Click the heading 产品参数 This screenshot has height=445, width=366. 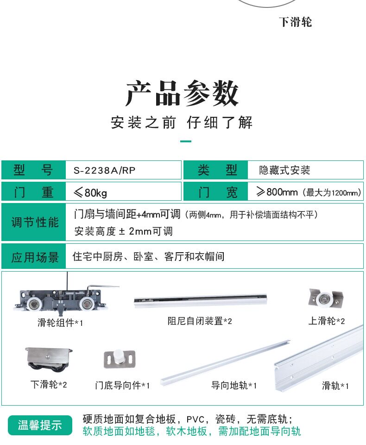tap(182, 94)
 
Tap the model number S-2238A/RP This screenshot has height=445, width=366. tap(104, 170)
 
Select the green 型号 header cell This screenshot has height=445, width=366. tap(34, 170)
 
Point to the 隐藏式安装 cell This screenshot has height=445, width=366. tap(284, 170)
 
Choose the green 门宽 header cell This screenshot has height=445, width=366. tap(217, 192)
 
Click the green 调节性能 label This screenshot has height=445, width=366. tap(35, 222)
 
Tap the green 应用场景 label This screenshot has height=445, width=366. tap(35, 257)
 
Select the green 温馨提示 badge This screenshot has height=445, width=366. tap(40, 425)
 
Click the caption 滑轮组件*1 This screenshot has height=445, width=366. tap(60, 323)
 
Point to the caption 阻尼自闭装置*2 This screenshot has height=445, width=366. tap(200, 321)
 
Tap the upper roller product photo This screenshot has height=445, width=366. tap(326, 298)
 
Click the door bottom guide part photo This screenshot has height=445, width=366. tap(120, 358)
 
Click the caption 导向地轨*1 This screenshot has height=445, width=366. tap(234, 385)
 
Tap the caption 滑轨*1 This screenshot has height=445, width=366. tap(335, 386)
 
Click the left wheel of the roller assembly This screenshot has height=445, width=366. tap(34, 304)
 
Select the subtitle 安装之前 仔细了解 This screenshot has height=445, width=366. tap(182, 123)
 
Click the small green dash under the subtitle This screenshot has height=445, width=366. tap(185, 141)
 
